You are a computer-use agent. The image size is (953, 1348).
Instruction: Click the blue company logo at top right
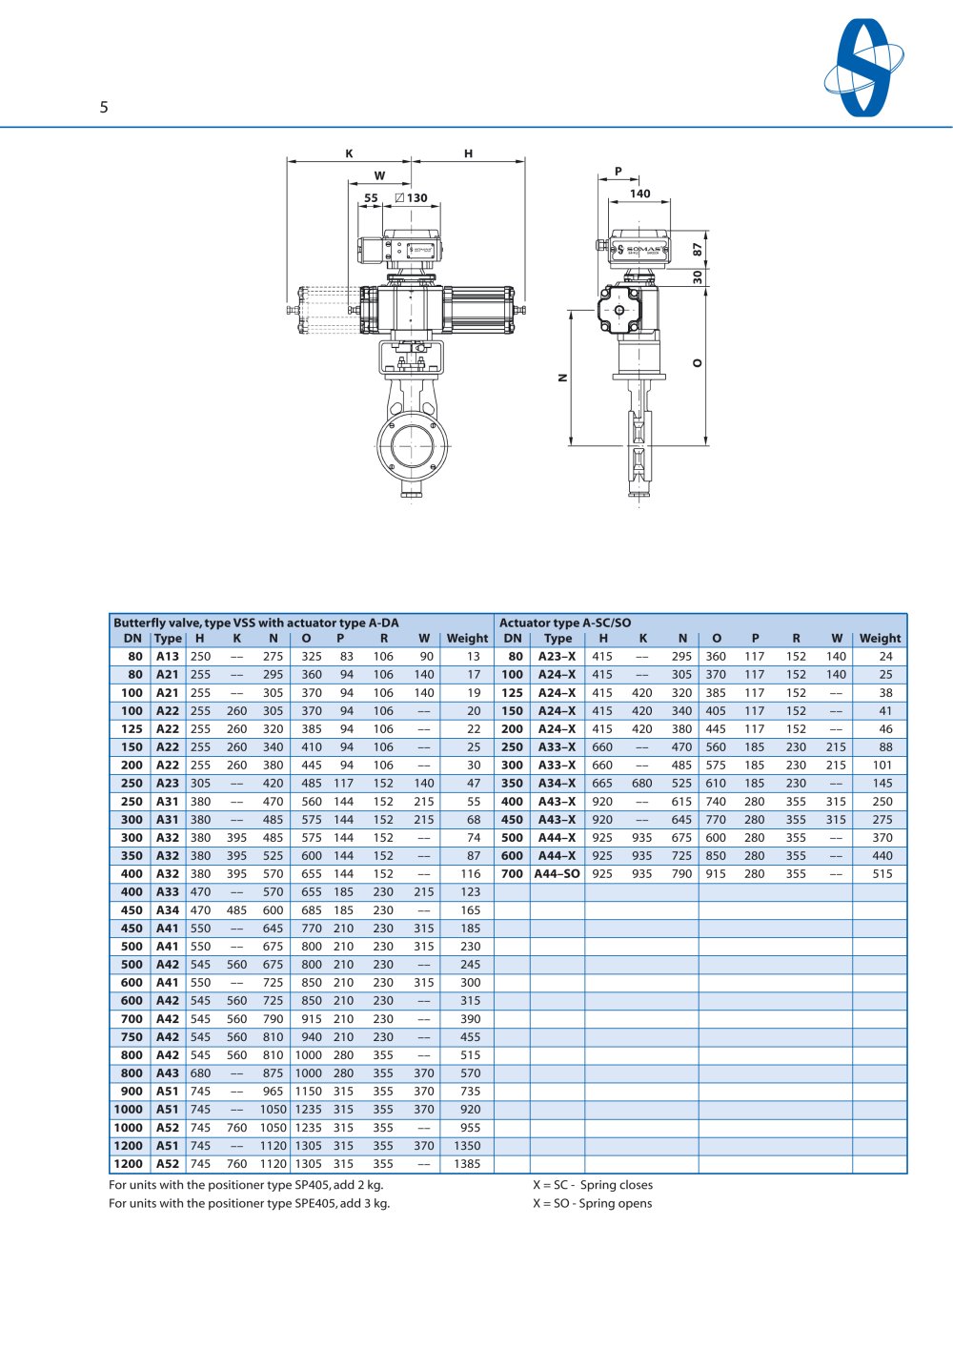pos(864,68)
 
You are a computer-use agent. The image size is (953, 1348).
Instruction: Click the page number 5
pos(104,107)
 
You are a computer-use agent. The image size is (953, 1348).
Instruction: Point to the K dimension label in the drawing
pos(349,153)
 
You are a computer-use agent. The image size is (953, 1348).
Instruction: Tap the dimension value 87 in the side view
pos(698,249)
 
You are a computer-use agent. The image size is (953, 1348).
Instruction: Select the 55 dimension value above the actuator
pos(371,198)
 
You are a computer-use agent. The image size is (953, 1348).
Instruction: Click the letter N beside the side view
pos(563,378)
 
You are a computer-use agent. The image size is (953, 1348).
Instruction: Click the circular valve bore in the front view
pos(412,446)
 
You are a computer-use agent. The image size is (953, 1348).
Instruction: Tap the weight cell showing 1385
pos(467,1164)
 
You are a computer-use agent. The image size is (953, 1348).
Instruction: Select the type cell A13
pos(168,657)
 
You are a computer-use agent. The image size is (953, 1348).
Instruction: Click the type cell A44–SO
pos(558,874)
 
